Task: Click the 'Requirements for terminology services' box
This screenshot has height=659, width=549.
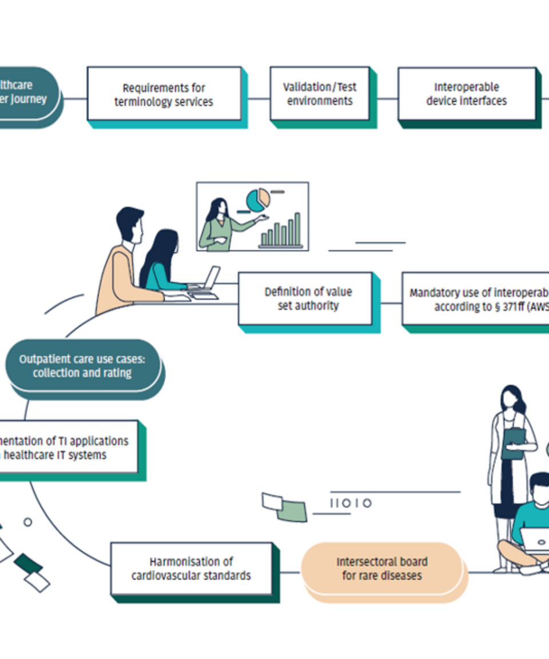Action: (x=164, y=95)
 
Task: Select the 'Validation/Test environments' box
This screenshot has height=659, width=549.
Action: (x=320, y=94)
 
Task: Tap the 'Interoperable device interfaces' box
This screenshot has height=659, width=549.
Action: (x=467, y=94)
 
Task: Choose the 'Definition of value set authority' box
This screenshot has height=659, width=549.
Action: (x=308, y=299)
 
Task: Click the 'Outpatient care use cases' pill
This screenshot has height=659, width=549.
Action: (x=82, y=366)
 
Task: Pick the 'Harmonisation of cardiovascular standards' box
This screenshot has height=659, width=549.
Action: (x=191, y=569)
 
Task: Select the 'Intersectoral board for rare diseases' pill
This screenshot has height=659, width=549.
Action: (x=381, y=569)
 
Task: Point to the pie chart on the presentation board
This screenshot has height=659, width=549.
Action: (x=257, y=199)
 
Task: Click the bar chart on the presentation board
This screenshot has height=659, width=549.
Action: (x=281, y=231)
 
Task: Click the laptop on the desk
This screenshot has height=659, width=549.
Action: (x=207, y=280)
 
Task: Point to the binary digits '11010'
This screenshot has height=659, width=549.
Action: (x=351, y=504)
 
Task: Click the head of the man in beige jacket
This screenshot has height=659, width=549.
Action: (x=131, y=225)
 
